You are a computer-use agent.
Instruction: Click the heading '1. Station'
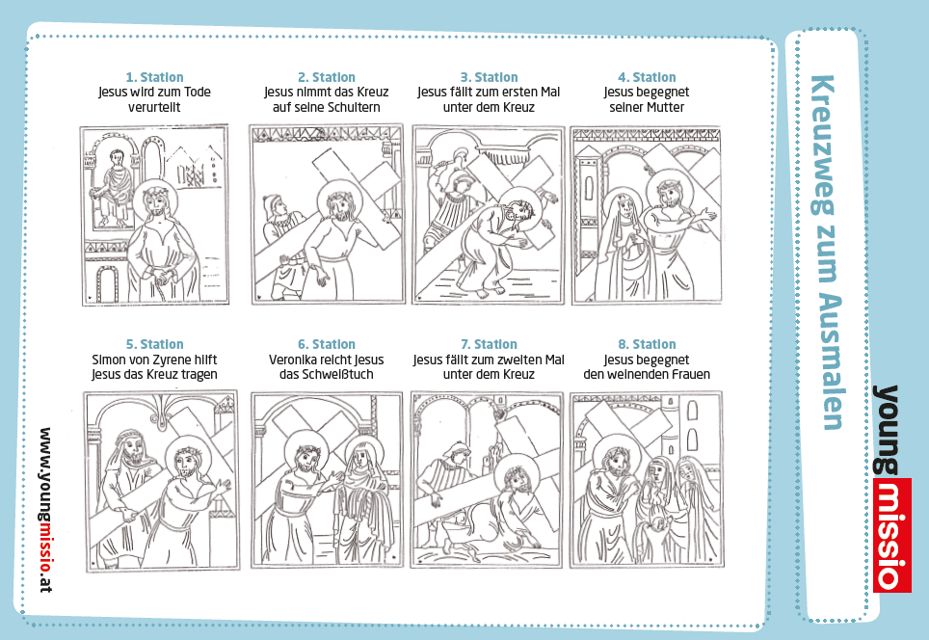[154, 77]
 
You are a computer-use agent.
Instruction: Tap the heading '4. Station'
[647, 77]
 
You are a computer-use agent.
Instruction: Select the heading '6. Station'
[327, 344]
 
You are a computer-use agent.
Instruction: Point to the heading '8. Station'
[647, 344]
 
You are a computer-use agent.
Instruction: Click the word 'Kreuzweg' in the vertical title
[824, 146]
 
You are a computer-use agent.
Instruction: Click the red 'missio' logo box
[891, 535]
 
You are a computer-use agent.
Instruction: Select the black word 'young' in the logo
[886, 430]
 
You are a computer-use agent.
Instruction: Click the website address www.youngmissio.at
[44, 510]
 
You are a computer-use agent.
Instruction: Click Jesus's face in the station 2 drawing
[336, 204]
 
